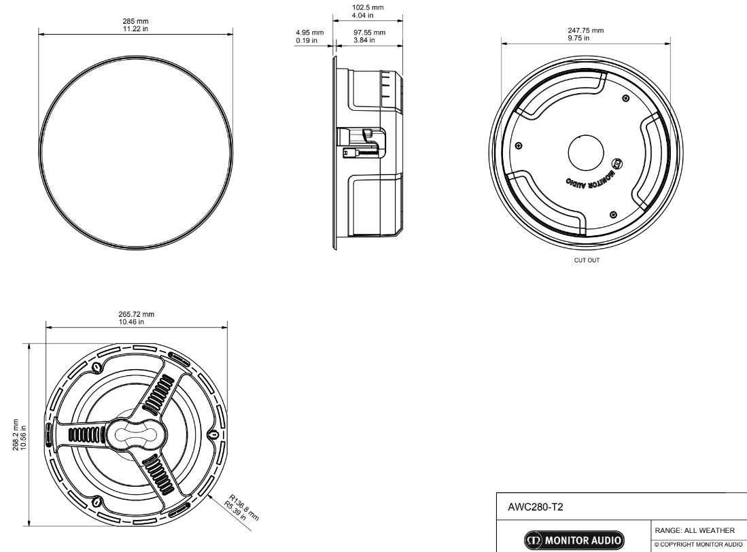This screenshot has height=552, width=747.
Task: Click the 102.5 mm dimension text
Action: click(368, 7)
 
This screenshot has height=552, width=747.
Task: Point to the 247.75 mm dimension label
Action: click(585, 30)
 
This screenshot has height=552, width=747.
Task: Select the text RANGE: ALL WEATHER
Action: click(693, 531)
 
